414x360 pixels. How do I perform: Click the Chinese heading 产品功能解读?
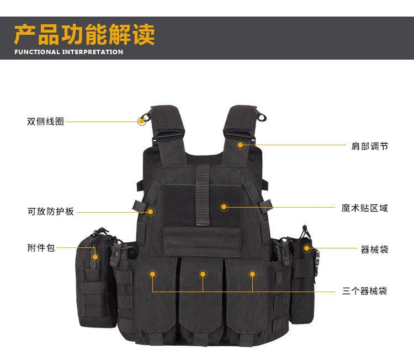tap(84, 34)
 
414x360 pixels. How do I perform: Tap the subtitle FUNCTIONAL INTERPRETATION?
tap(69, 52)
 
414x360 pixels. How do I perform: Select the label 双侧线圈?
tap(45, 121)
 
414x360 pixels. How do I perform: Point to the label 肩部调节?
tap(370, 146)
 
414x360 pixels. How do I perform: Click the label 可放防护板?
tap(51, 211)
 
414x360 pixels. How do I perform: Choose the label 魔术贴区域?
tap(365, 208)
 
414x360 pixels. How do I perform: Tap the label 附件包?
tap(41, 248)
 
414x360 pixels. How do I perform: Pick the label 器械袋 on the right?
tap(374, 250)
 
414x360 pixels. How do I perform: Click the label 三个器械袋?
tap(365, 291)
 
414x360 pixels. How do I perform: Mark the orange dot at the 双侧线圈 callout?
tap(142, 121)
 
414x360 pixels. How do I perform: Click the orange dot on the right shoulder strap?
tap(240, 145)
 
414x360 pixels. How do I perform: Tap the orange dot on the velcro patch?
tap(224, 207)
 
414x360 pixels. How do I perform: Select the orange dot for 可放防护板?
tap(151, 211)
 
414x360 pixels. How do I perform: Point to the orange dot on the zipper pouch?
tap(95, 257)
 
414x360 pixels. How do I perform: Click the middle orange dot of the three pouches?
tap(203, 274)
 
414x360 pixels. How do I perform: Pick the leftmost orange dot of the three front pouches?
tap(152, 274)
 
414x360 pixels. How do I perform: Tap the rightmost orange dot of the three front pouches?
tap(252, 274)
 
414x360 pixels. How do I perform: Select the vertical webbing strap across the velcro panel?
tap(203, 195)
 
